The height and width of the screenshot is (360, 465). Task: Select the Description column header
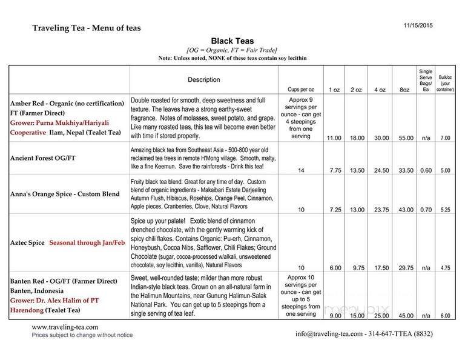[204, 79]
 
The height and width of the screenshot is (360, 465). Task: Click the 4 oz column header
[380, 89]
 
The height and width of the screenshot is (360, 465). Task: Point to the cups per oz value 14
[301, 171]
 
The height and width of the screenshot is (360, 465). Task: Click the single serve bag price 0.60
[426, 171]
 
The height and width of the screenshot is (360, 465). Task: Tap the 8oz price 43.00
[406, 208]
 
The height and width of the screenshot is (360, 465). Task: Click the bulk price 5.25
[445, 208]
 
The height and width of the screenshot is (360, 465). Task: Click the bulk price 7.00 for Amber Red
[445, 138]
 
